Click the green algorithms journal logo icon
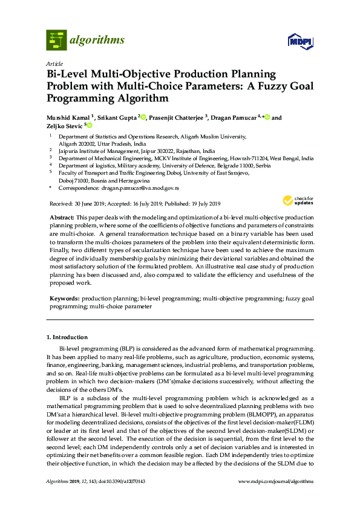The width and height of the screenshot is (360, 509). (56, 40)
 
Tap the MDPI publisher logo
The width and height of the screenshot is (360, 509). (300, 41)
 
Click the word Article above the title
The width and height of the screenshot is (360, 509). (55, 63)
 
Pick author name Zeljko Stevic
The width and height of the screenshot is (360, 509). (65, 126)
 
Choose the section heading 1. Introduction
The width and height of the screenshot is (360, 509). (67, 337)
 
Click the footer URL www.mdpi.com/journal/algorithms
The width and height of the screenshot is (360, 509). (277, 481)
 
